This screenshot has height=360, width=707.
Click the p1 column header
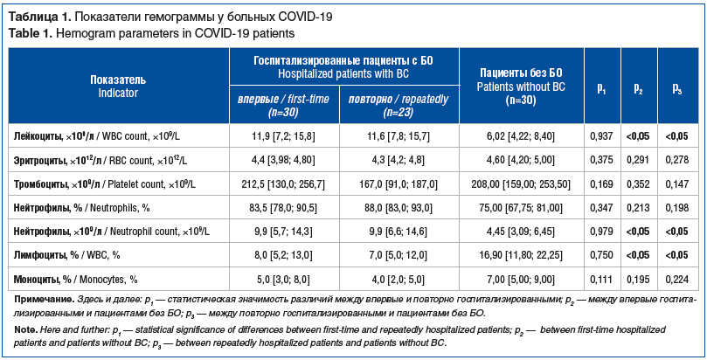tap(601, 87)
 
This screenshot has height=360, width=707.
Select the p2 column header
tap(639, 87)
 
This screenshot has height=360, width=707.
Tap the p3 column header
tap(677, 87)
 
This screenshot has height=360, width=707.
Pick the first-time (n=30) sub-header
tap(283, 106)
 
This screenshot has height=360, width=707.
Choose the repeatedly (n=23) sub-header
tap(398, 106)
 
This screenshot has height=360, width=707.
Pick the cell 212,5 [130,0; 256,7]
tap(283, 184)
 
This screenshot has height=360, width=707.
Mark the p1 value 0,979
tap(601, 232)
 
